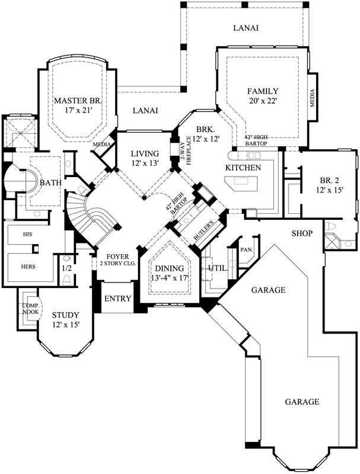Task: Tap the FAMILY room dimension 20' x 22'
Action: (263, 101)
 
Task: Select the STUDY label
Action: (66, 315)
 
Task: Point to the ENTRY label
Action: (117, 298)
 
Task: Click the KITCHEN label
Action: (243, 169)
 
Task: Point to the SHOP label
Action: (302, 233)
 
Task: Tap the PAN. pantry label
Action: (246, 249)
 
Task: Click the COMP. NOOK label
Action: (30, 309)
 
